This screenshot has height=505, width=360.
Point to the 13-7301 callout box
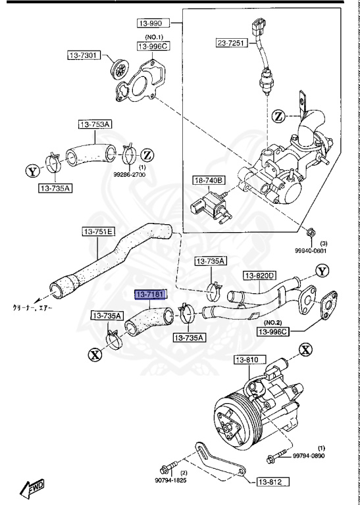[x=83, y=56]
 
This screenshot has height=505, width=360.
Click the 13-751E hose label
[x=99, y=231]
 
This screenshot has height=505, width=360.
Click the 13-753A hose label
[x=95, y=124]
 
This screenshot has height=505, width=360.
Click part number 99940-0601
[x=312, y=249]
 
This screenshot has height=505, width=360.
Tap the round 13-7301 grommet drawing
[x=120, y=66]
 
